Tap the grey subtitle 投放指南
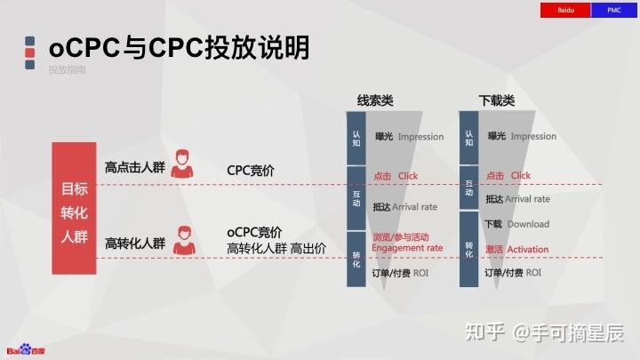point(67,69)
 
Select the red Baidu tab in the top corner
point(564,10)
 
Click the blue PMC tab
point(613,10)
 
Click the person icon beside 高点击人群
point(184,164)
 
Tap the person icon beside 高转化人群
point(184,240)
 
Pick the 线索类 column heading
point(375,100)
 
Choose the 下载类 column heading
point(496,100)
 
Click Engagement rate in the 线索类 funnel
point(406,249)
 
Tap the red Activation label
point(517,249)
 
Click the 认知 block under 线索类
point(356,138)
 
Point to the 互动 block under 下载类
point(469,188)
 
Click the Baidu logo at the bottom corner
point(27,349)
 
